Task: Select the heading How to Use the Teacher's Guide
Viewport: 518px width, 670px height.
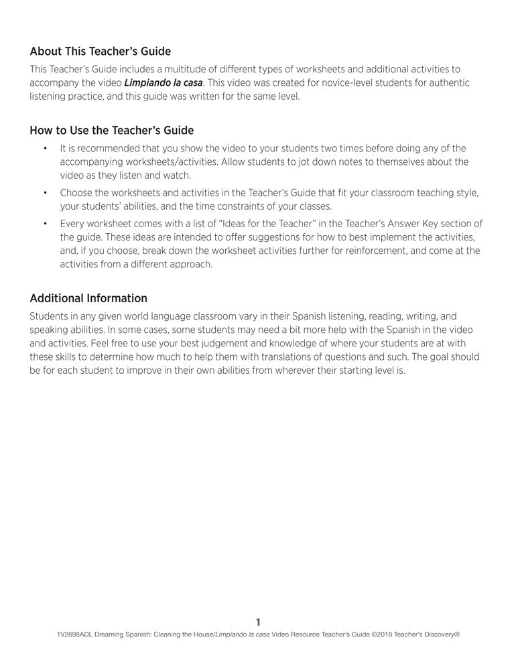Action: pyautogui.click(x=111, y=130)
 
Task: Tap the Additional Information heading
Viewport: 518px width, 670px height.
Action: pyautogui.click(x=88, y=298)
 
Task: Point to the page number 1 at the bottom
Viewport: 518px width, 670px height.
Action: pyautogui.click(x=259, y=622)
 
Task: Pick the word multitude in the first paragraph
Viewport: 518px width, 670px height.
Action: pyautogui.click(x=182, y=69)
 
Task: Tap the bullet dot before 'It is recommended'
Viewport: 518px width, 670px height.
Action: pyautogui.click(x=45, y=148)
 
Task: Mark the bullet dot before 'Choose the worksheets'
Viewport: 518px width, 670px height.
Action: pyautogui.click(x=45, y=193)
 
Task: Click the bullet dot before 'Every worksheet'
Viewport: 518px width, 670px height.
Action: pyautogui.click(x=45, y=224)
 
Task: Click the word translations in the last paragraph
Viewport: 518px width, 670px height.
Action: pyautogui.click(x=317, y=356)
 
